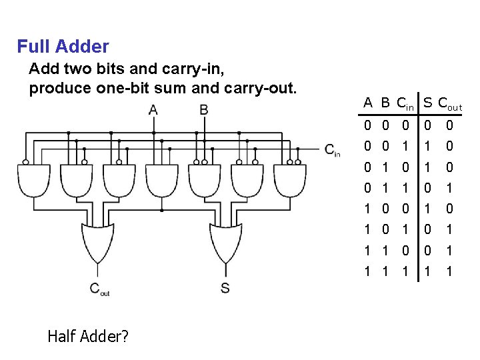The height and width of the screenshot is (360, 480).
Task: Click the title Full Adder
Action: coord(63,47)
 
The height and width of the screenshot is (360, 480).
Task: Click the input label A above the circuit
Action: coord(154,109)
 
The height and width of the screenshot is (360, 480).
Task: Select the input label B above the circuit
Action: coord(204,109)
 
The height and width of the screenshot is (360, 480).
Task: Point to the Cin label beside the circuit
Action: coord(333,151)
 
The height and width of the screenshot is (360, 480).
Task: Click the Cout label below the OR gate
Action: coord(99,289)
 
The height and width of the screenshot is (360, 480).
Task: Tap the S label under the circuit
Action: coord(225,289)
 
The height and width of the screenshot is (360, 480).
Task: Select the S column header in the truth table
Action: coord(427,103)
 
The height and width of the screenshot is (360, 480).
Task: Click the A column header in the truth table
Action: coord(367,103)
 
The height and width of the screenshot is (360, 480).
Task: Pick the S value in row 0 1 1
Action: coord(427,187)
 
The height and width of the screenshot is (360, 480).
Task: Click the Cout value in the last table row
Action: coord(449,271)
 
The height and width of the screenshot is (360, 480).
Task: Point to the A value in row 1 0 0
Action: coord(367,209)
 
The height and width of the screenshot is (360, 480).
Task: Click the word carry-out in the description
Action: coord(265,88)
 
